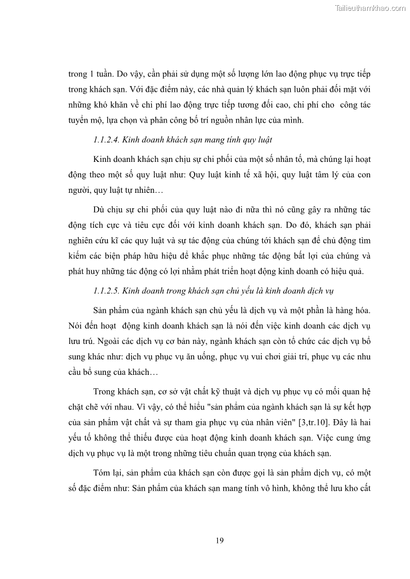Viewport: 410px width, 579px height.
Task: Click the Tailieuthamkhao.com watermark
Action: coord(370,8)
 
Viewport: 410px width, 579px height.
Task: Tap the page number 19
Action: coord(219,540)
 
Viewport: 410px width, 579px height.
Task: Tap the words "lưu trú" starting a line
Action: coord(80,341)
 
